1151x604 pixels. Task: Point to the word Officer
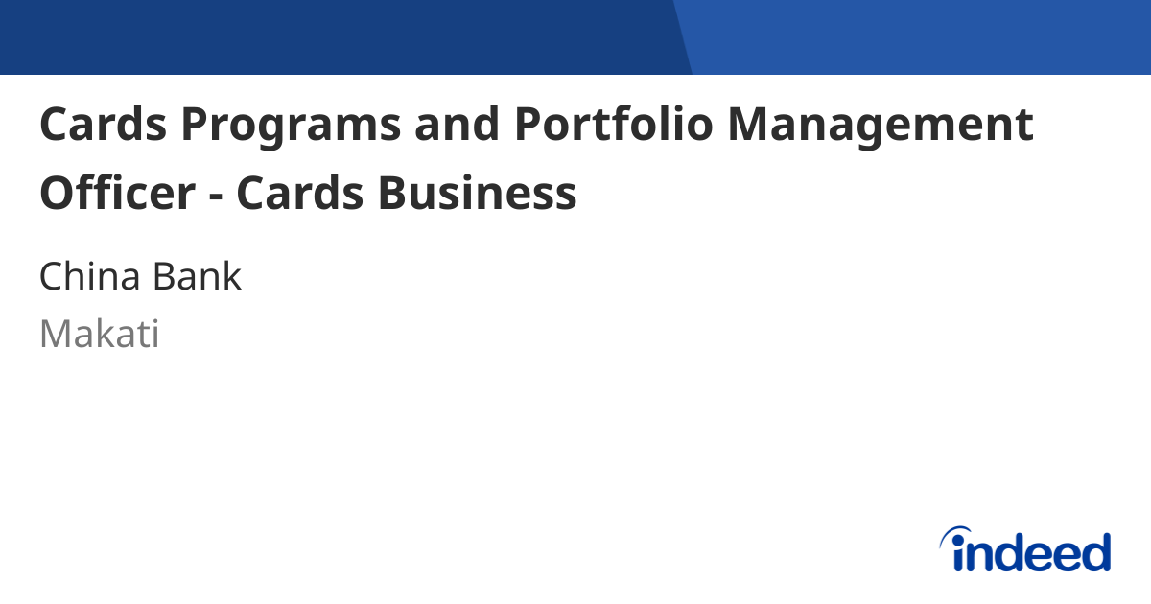[x=116, y=193]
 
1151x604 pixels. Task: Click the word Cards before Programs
[x=102, y=126]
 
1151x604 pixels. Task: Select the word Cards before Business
[x=299, y=193]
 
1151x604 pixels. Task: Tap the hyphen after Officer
[x=215, y=196]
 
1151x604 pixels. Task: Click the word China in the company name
[x=87, y=277]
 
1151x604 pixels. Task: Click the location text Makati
[x=99, y=335]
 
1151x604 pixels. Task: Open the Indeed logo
[x=1025, y=550]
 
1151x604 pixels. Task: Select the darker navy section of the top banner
[x=336, y=36]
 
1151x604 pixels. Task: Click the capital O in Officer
[x=57, y=193]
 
